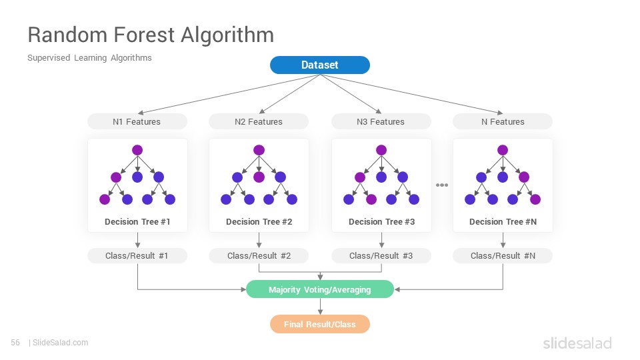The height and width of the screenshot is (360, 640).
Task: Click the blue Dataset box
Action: point(320,65)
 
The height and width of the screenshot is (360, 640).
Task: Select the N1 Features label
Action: point(137,121)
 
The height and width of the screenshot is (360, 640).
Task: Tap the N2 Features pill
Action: point(259,121)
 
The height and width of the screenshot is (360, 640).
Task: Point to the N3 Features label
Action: point(381,121)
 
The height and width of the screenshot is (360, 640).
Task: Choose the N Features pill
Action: point(503,121)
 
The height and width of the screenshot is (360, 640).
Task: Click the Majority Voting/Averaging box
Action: point(320,289)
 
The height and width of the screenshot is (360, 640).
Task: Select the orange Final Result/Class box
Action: point(320,324)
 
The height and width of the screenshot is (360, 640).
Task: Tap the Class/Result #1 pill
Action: point(137,256)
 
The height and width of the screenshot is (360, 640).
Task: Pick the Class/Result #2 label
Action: point(259,256)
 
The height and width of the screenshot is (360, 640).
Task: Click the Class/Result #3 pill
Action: point(381,256)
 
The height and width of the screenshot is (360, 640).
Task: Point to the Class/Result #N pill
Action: point(503,256)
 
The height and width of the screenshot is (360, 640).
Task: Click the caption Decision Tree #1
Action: point(137,221)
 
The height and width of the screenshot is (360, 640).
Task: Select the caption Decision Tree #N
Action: point(503,221)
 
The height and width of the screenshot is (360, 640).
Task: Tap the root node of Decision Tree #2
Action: point(259,150)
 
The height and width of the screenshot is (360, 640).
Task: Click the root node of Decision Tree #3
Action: point(381,150)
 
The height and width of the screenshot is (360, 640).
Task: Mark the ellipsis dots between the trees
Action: point(442,185)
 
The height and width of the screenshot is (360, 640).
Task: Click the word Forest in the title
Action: point(144,35)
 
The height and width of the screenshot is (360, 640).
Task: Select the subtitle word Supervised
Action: point(49,58)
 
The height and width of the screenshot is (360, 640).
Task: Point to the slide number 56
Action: point(15,343)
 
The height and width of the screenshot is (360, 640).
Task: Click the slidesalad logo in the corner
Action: point(577,343)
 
